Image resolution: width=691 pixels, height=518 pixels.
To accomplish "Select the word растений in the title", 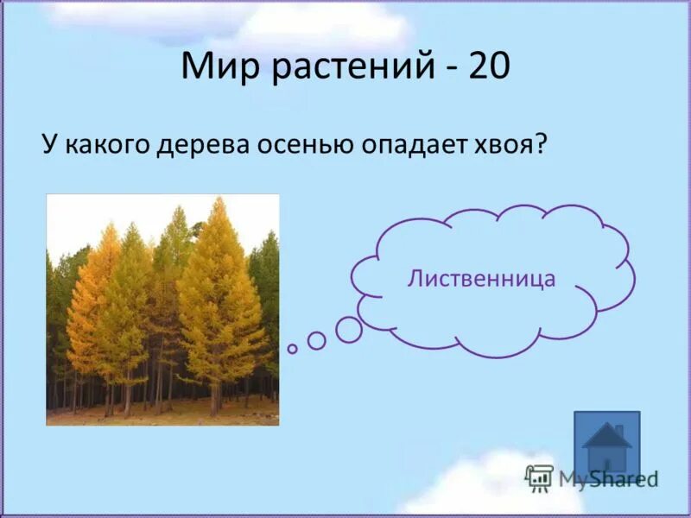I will [x=350, y=66].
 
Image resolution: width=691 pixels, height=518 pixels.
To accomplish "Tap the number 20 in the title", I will [x=489, y=66].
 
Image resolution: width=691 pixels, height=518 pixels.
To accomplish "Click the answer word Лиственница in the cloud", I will [x=481, y=278].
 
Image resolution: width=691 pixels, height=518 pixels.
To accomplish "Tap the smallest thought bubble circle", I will [x=293, y=349].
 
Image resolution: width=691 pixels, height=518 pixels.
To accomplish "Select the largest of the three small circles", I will [x=349, y=329].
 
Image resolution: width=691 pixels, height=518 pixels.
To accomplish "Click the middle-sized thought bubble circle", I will [x=317, y=340].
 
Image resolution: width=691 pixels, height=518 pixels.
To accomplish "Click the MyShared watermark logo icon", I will [x=539, y=477].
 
